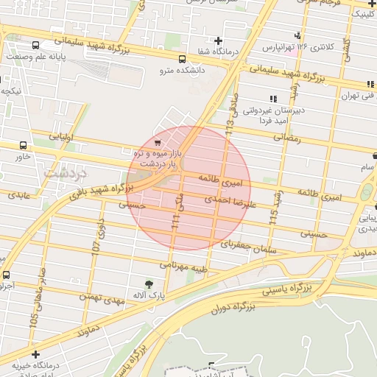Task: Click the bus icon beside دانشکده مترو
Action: tap(182, 59)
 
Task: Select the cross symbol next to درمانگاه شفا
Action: tap(217, 40)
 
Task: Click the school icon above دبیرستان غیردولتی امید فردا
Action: tap(273, 99)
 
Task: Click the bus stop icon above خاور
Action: tap(23, 146)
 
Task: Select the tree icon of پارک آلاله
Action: tap(149, 283)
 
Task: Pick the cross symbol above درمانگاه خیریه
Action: tap(35, 356)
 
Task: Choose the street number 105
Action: tap(33, 322)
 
